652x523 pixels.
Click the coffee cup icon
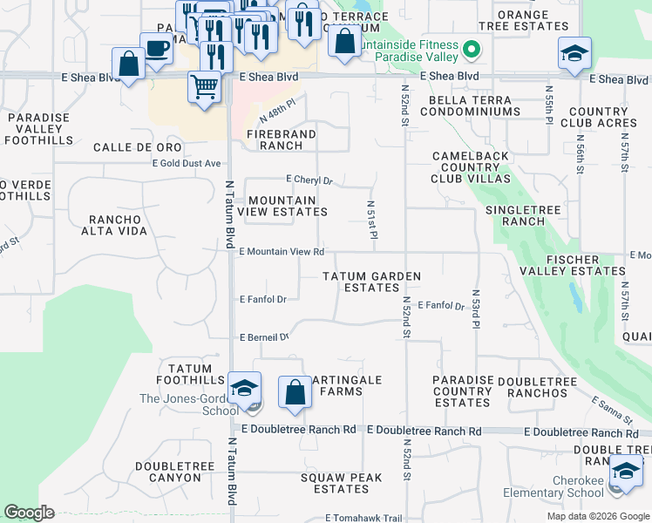156,49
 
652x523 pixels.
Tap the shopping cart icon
204,87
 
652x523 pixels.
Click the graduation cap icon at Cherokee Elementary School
625,472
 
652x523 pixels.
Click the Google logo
30,513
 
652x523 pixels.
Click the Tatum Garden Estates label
371,282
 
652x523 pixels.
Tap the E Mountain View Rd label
281,252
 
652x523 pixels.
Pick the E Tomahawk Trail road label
365,517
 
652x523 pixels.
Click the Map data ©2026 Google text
598,516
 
